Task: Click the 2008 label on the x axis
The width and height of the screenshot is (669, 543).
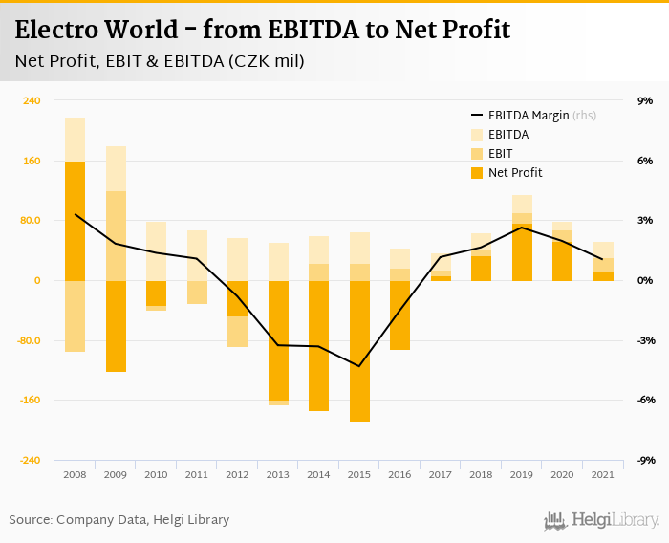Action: [x=75, y=474]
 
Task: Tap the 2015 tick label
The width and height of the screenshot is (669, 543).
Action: [x=359, y=474]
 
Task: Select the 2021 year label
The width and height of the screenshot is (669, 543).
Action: [x=603, y=474]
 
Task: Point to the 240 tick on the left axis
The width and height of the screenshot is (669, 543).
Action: [x=32, y=100]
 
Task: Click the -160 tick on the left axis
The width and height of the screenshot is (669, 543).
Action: [x=30, y=401]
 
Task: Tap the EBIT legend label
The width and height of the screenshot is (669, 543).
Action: [x=500, y=154]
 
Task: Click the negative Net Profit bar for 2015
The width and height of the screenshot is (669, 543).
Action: [x=359, y=351]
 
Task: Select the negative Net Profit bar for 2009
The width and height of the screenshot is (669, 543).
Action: [x=116, y=326]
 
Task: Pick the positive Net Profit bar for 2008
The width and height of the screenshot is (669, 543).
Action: [x=75, y=221]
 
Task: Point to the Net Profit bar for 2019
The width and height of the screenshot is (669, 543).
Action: [x=522, y=252]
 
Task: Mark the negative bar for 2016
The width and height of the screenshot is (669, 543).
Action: [x=399, y=315]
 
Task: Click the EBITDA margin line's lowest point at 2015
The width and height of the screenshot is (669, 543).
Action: [x=359, y=366]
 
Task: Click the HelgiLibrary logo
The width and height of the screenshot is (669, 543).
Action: [x=602, y=520]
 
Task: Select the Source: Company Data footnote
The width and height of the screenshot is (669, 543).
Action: [x=119, y=520]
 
